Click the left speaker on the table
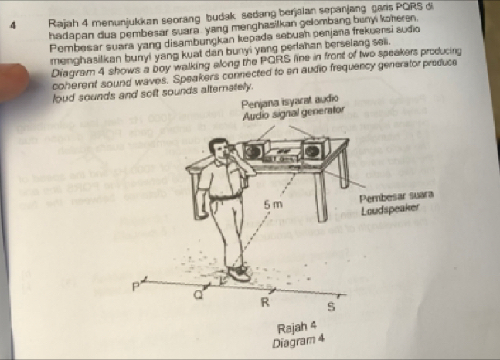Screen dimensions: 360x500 pos(253,149)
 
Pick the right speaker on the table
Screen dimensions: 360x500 pos(314,150)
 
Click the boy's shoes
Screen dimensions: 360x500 pos(238,272)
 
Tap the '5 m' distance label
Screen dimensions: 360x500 pos(273,205)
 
